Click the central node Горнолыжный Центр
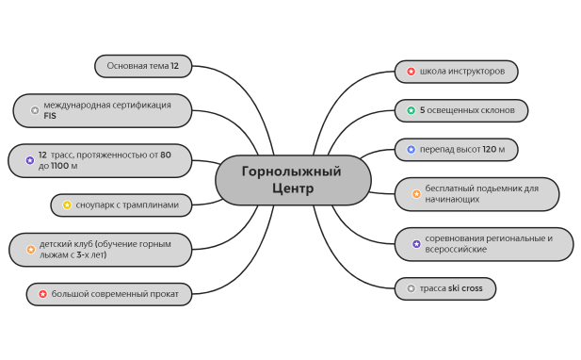click(292, 180)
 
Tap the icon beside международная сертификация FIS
click(35, 110)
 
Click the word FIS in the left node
click(50, 116)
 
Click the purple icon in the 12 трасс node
click(29, 160)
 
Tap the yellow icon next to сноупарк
click(67, 205)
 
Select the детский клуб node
click(102, 250)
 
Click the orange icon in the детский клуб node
click(30, 250)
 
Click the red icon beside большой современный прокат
click(42, 294)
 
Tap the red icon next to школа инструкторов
click(411, 72)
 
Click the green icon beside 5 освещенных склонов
click(411, 110)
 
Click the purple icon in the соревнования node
click(416, 243)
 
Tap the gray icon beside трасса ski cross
click(411, 288)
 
